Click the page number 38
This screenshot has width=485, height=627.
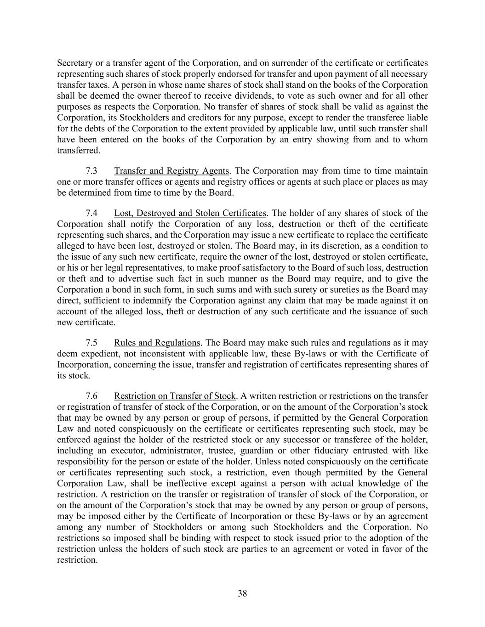242,593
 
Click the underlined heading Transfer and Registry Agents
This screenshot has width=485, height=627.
171,171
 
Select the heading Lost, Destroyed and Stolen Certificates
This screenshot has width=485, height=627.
190,213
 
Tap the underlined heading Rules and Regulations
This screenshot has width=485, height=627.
157,343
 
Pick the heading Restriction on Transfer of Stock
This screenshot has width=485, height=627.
174,396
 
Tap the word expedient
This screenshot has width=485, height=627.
99,354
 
